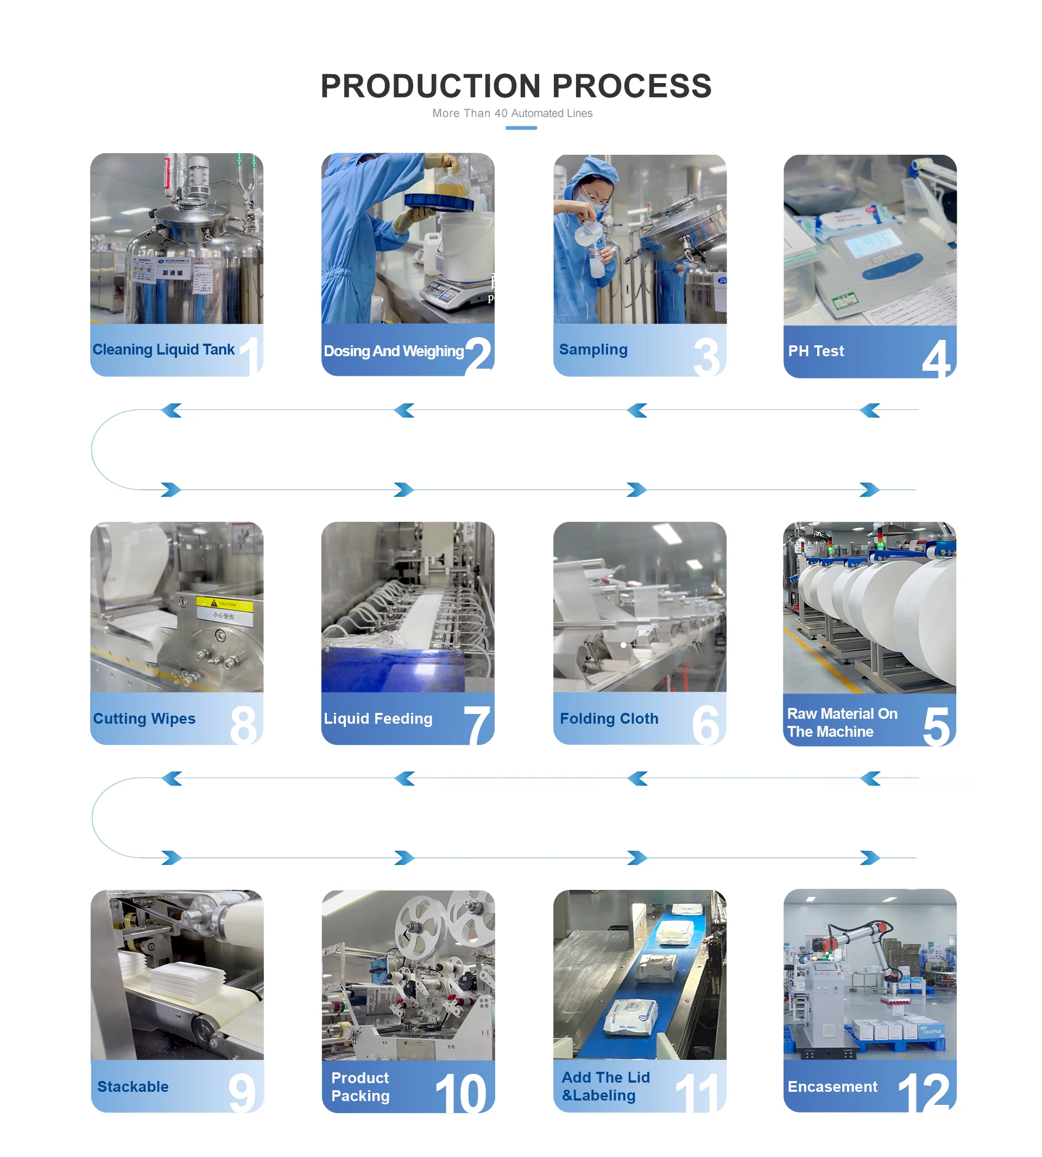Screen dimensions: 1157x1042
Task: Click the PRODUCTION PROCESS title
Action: coord(516,86)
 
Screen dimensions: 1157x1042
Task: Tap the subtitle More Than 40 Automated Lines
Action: coord(513,113)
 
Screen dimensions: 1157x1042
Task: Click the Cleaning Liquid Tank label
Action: coord(163,349)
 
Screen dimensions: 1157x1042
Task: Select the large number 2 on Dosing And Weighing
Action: coord(478,355)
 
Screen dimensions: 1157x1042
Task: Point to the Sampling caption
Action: coord(593,349)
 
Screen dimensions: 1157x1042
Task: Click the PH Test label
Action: coord(816,351)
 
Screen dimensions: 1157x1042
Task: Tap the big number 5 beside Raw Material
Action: coord(936,726)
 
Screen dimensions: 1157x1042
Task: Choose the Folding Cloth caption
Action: coord(609,718)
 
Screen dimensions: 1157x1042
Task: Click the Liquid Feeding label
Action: coord(378,718)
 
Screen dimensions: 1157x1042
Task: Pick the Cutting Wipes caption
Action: coord(144,718)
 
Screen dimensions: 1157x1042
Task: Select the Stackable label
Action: coord(133,1086)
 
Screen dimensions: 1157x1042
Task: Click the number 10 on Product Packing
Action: coord(461,1092)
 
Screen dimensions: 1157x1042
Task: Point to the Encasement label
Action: coord(832,1086)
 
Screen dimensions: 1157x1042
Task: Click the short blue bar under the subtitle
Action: coord(521,128)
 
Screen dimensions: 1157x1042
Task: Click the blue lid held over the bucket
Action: coord(439,201)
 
